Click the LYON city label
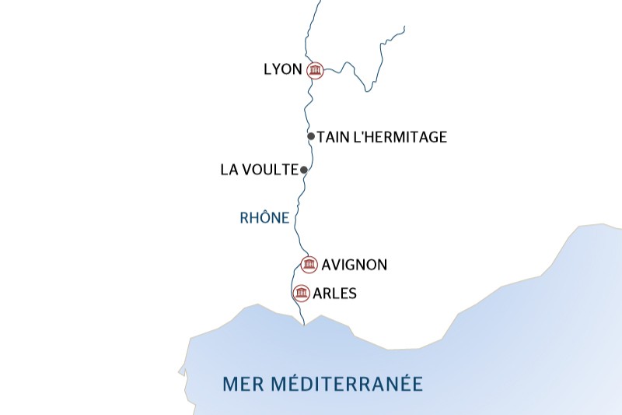tap(282, 69)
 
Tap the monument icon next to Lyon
tap(315, 71)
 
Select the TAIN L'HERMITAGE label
tap(383, 137)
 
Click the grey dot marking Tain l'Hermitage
tap(311, 136)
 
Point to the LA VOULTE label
tap(260, 169)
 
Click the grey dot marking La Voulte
tap(304, 170)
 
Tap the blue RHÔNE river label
tap(264, 219)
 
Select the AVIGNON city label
tap(354, 265)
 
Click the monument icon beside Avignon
tap(309, 265)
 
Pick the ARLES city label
tap(335, 294)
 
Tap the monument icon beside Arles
tap(301, 294)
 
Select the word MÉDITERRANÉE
tap(348, 384)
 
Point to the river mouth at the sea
tap(302, 324)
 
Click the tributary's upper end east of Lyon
tap(404, 27)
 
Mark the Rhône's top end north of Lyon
tap(320, 2)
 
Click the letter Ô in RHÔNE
tap(264, 218)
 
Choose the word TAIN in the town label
tap(332, 137)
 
